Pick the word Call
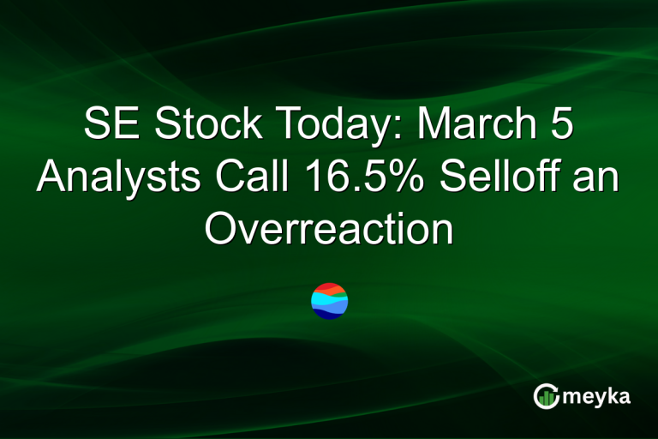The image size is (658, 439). point(247,178)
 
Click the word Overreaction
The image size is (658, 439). point(328,229)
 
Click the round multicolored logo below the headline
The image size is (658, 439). point(329,300)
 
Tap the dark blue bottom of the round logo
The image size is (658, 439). point(329,314)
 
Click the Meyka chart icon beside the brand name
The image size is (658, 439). point(545,396)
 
